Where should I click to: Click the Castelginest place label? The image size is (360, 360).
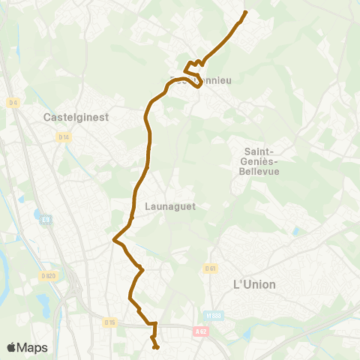pos(76,117)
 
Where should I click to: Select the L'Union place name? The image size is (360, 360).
pos(255,284)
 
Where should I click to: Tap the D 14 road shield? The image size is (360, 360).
pos(63,136)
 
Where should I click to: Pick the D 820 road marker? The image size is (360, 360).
pos(49,277)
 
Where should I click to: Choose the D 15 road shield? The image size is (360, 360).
pos(110,322)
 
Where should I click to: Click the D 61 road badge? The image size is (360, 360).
pos(211,268)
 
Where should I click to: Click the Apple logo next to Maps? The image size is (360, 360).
pos(12,347)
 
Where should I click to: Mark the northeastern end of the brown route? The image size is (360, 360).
pos(245,13)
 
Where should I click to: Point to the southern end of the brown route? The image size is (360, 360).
pos(155,347)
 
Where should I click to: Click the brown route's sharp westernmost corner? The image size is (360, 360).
pos(114,240)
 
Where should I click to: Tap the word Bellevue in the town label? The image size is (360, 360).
pos(259,171)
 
